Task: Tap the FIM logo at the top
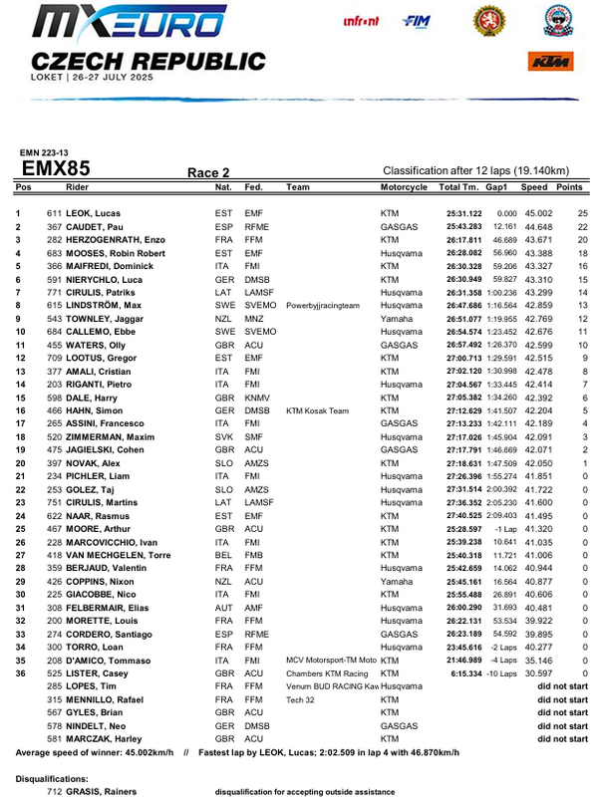click(415, 20)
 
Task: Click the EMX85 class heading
click(55, 168)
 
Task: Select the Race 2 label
click(208, 172)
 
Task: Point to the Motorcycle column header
click(404, 187)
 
